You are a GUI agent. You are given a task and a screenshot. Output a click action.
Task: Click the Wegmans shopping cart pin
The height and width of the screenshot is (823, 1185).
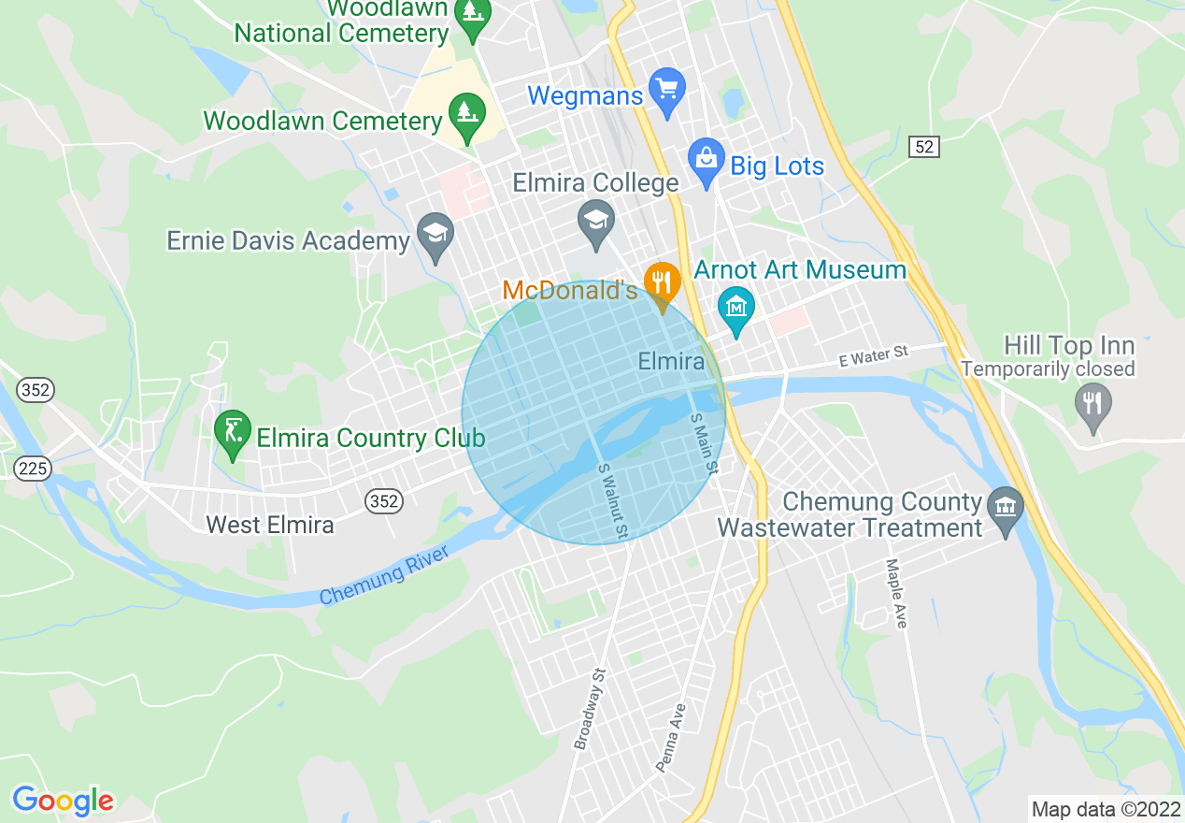pos(667,92)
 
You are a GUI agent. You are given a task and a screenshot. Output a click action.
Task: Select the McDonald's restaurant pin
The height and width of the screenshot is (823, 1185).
pos(662,283)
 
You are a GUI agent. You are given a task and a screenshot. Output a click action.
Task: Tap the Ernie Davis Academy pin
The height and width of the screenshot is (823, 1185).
pos(435,237)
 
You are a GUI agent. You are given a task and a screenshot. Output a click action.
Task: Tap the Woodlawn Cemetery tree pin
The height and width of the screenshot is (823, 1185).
pos(465,116)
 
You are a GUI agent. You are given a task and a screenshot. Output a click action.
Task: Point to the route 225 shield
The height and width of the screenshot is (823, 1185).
pos(33,468)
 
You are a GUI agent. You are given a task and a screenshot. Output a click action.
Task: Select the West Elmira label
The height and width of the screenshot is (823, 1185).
pos(269,525)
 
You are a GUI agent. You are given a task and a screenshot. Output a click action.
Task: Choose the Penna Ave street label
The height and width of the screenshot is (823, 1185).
pos(671,738)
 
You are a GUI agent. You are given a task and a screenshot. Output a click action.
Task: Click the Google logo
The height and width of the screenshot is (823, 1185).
pos(63,801)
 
